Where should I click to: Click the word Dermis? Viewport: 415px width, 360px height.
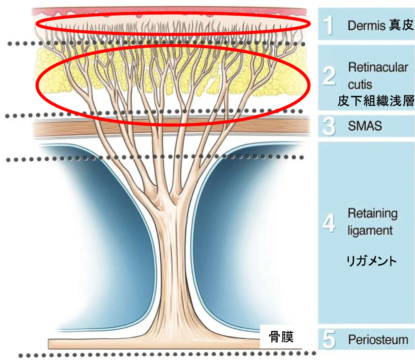[x=366, y=25]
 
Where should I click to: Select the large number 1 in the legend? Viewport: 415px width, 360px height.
[x=329, y=25]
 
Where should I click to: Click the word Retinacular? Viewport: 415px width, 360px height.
[x=378, y=67]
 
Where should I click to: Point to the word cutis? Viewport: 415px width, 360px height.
[x=360, y=84]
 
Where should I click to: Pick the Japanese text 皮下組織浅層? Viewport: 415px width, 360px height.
[x=376, y=101]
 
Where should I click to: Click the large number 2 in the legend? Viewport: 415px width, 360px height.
[x=329, y=76]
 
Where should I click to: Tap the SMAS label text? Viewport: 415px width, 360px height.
[x=365, y=126]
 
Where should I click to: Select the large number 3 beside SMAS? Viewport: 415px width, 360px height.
[x=329, y=126]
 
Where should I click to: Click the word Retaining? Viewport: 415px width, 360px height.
[x=372, y=213]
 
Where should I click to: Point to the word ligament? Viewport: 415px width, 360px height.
[x=370, y=231]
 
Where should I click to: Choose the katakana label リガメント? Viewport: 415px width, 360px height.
[x=371, y=261]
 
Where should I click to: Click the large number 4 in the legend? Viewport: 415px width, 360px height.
[x=329, y=223]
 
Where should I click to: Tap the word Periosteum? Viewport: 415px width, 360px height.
[x=378, y=340]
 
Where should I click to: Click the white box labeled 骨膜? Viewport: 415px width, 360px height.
[x=281, y=336]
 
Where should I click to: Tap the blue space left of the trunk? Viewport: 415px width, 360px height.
[x=114, y=225]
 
